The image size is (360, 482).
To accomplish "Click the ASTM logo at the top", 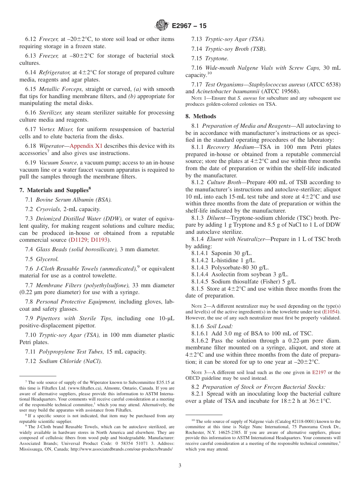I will pos(162,25).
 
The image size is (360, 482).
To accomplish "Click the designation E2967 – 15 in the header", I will pos(189,26).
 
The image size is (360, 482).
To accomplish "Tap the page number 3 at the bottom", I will pos(180,465).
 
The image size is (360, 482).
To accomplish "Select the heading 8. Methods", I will pos(201,116).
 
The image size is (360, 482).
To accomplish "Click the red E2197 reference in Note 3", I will pos(319,372).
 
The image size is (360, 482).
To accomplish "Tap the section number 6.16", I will pos(31,113).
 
